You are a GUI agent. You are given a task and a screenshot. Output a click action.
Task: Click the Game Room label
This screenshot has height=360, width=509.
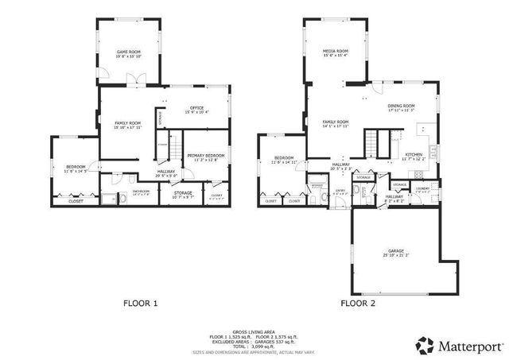click(129, 52)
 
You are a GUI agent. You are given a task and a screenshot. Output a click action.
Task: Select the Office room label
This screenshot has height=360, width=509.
click(196, 109)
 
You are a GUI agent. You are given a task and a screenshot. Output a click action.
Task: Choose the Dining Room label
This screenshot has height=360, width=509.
click(401, 107)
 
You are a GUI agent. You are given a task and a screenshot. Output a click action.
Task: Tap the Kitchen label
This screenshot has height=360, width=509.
click(414, 155)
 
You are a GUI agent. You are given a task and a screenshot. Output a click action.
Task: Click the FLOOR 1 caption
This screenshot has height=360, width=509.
click(141, 303)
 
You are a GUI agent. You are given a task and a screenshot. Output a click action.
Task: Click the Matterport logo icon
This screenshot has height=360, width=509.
click(425, 345)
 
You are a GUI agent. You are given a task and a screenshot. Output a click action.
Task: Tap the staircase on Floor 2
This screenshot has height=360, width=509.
click(375, 144)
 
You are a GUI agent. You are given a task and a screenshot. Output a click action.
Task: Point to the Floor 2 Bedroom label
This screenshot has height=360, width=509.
click(284, 159)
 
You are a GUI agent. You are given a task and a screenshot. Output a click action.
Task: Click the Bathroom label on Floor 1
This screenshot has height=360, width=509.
click(142, 192)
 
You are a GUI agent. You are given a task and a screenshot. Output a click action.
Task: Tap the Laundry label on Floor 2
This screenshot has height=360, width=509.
click(422, 188)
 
